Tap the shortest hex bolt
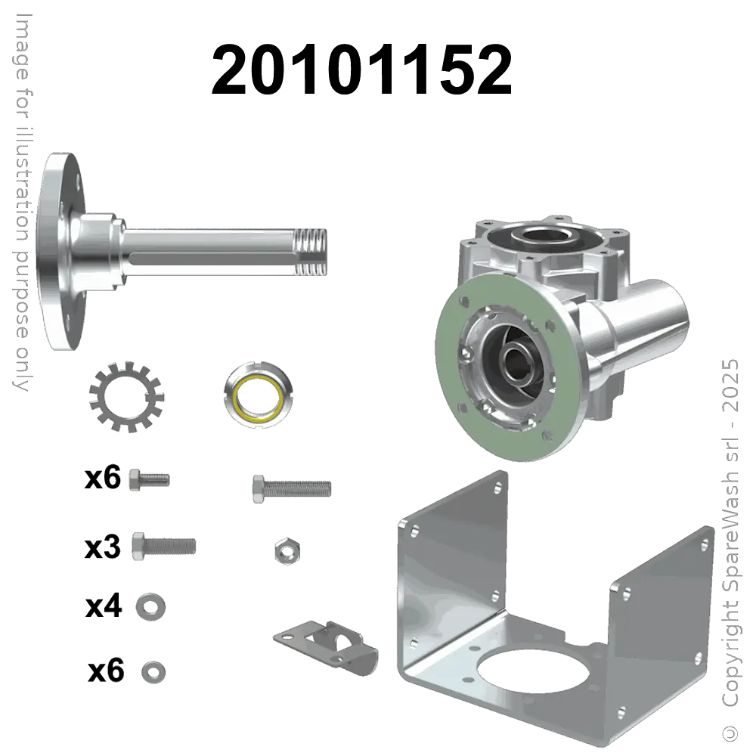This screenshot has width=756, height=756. (149, 479)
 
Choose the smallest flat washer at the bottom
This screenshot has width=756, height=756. (153, 670)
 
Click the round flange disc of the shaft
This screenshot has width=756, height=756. (56, 249)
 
